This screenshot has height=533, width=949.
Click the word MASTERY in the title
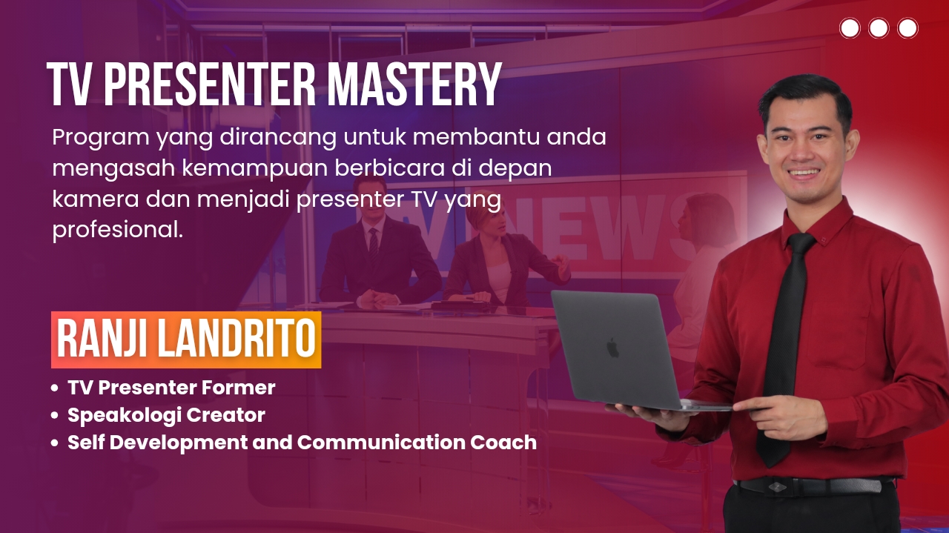(x=414, y=85)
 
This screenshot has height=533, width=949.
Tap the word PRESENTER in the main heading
(x=210, y=85)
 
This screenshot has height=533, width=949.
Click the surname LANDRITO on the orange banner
(x=237, y=339)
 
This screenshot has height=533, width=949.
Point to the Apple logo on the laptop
(x=612, y=348)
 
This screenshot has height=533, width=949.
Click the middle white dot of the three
(x=879, y=28)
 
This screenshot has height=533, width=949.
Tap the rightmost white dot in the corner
(x=907, y=28)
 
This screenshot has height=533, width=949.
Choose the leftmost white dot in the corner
(x=850, y=28)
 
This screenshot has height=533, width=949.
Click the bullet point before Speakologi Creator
(x=54, y=415)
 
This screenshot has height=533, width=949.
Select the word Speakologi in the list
(x=124, y=416)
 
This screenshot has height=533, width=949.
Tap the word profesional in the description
(x=118, y=230)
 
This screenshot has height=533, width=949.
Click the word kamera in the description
(x=96, y=199)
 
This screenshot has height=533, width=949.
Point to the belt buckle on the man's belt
(x=776, y=486)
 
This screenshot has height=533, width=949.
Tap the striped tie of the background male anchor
(x=373, y=245)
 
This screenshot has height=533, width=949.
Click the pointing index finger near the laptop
(x=753, y=404)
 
